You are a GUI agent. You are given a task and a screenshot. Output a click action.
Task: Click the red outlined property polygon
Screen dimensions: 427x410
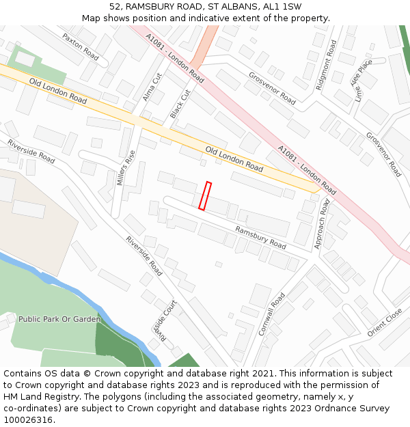coord(205,195)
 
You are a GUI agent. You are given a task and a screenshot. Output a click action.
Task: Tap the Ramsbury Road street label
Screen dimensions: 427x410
coord(260,237)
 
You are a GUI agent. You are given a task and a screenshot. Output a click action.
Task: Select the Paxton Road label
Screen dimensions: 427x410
coord(81,46)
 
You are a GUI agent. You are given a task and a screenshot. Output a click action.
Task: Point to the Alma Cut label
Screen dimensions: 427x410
coord(152,87)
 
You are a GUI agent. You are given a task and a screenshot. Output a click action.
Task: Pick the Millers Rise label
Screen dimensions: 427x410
coord(121,169)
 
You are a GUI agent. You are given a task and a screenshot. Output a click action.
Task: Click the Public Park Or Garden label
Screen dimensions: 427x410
coord(59,319)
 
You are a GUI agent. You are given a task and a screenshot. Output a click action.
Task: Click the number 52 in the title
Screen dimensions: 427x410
coord(115,7)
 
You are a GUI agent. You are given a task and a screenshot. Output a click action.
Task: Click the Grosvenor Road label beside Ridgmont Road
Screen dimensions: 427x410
coord(272,88)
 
